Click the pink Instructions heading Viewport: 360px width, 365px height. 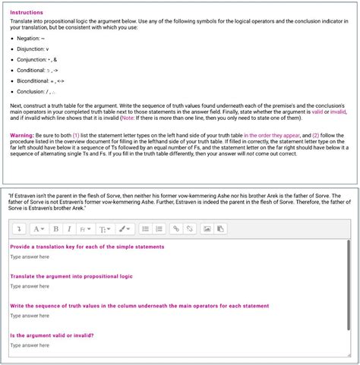point(27,13)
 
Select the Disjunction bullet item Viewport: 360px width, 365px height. point(33,49)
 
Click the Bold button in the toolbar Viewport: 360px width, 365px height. point(55,228)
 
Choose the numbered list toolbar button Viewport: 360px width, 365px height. point(159,228)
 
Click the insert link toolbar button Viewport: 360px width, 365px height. point(175,228)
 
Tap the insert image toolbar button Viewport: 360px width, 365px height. point(207,228)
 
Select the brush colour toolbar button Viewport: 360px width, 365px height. point(124,228)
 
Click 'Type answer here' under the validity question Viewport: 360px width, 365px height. point(30,345)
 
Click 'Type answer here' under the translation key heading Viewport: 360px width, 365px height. point(30,256)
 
